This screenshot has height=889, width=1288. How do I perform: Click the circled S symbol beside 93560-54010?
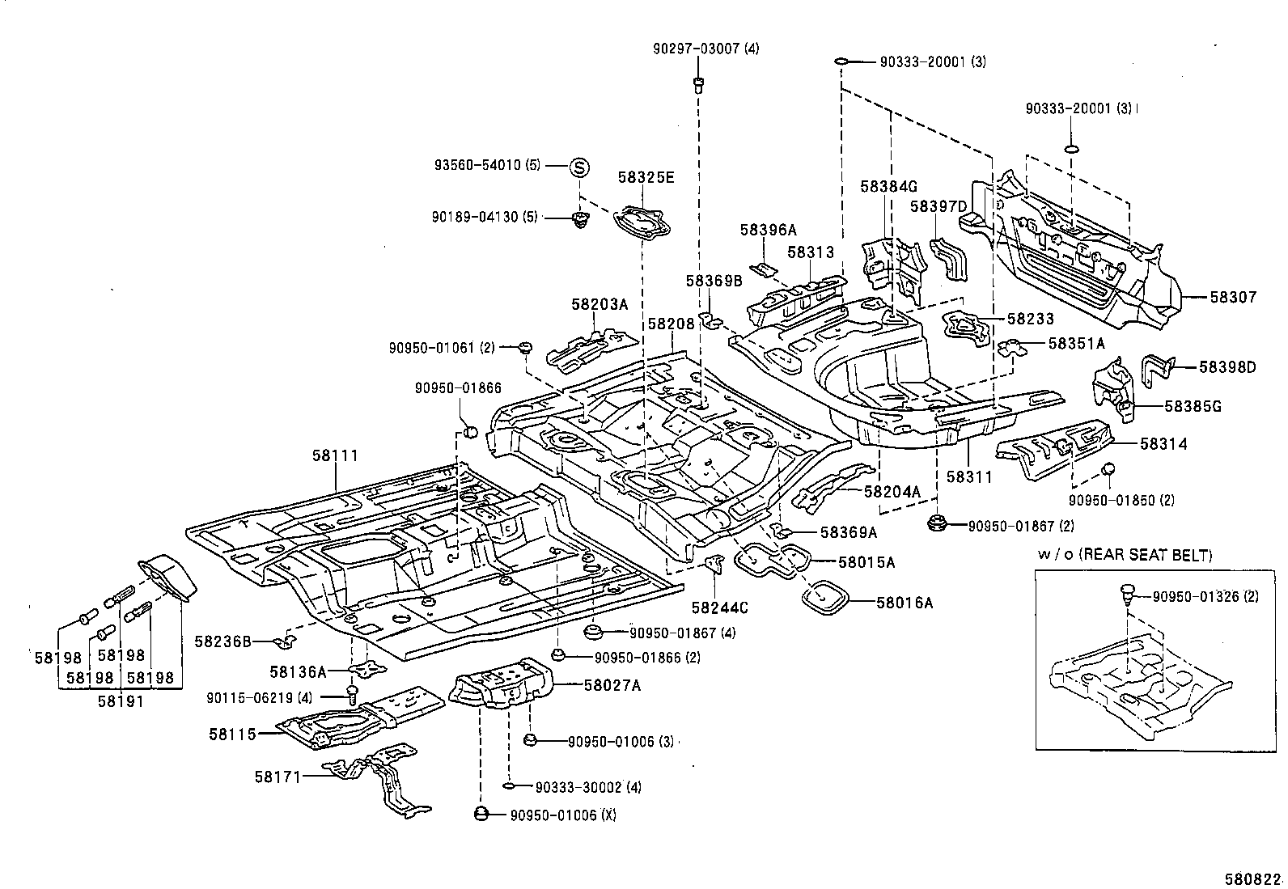click(x=579, y=167)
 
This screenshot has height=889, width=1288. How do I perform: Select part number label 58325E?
click(x=646, y=178)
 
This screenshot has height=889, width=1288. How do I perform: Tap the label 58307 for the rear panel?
click(x=1233, y=298)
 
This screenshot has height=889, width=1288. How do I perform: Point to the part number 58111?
click(x=335, y=455)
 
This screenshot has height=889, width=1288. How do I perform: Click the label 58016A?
click(x=905, y=603)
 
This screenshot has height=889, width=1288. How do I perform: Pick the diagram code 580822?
click(x=1253, y=879)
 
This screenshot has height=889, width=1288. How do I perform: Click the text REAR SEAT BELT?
click(x=1146, y=555)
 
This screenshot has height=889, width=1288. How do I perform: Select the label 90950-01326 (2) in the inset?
click(x=1205, y=596)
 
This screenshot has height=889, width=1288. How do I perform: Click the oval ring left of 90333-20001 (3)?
click(x=841, y=61)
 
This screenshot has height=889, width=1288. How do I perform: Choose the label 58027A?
click(x=612, y=685)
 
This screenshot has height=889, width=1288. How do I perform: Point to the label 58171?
click(x=278, y=777)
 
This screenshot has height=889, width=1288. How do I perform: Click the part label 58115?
click(x=232, y=734)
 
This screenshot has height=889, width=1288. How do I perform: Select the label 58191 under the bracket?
click(x=121, y=701)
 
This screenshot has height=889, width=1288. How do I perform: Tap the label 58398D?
click(x=1227, y=367)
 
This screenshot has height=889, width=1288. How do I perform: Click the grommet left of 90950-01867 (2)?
click(x=938, y=524)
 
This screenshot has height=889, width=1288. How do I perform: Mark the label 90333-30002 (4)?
click(x=588, y=786)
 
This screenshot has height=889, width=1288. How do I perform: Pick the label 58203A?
click(x=600, y=304)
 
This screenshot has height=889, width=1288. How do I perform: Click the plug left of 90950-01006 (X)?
click(x=481, y=815)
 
